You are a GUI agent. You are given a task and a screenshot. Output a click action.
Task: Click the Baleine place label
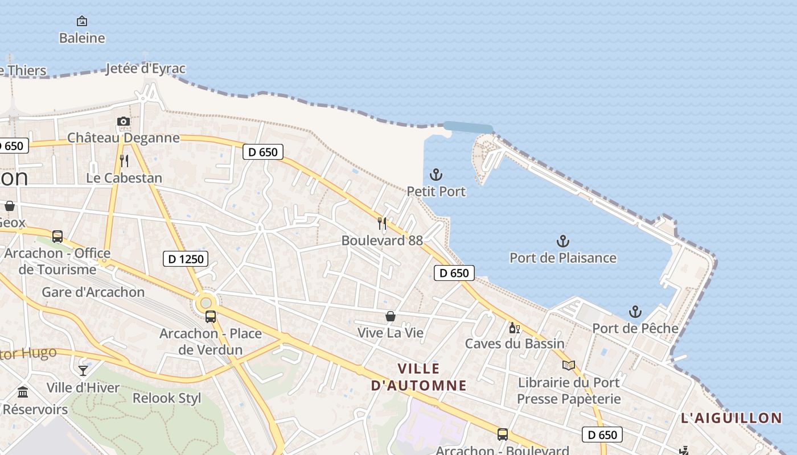tap(82, 38)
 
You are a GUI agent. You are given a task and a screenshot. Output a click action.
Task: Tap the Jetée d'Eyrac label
tap(146, 69)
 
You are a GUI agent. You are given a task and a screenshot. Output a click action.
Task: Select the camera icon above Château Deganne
tap(124, 121)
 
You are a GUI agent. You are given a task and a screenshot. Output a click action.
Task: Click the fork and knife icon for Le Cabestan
tap(124, 161)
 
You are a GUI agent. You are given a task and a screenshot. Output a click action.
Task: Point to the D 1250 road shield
tap(186, 259)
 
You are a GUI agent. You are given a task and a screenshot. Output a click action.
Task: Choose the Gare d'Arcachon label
tap(93, 292)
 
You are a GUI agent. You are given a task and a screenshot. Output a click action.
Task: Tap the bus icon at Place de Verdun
tap(211, 317)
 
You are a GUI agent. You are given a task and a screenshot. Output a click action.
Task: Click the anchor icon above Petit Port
tap(436, 175)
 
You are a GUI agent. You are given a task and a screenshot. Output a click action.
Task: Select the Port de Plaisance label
tap(562, 258)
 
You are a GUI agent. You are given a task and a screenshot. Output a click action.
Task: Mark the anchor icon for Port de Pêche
tap(635, 312)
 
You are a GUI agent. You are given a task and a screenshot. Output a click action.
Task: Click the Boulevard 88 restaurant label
tap(382, 241)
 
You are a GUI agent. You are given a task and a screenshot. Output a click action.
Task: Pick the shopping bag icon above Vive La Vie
tap(391, 316)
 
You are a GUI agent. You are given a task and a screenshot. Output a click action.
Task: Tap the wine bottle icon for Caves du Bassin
tap(514, 328)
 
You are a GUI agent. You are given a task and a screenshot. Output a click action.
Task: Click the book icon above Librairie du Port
tap(569, 365)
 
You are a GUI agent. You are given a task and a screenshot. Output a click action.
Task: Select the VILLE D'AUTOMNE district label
tap(419, 377)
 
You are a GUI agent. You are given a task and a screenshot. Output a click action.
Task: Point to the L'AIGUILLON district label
tap(732, 418)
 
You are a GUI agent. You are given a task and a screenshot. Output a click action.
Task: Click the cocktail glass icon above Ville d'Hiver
tap(83, 371)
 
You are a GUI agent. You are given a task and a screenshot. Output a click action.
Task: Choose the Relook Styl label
tap(167, 398)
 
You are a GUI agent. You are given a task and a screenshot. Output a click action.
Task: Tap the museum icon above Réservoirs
tap(23, 392)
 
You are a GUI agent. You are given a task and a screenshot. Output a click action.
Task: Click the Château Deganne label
tap(124, 138)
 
